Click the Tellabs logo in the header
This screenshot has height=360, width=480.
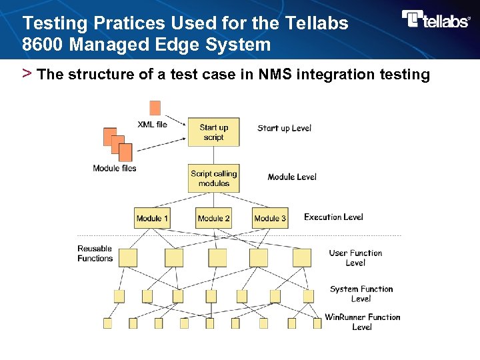click(x=436, y=19)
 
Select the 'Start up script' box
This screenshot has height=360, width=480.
click(x=213, y=133)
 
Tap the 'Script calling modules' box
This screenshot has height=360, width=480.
click(x=213, y=179)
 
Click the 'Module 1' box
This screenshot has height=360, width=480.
click(x=152, y=218)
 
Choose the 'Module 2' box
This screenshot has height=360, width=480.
click(x=213, y=218)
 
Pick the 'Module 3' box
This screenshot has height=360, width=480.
click(x=270, y=218)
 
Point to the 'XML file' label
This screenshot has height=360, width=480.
click(x=152, y=124)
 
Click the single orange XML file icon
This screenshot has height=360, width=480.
click(x=155, y=107)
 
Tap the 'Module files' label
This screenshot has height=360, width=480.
click(x=115, y=168)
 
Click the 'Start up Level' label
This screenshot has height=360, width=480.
click(x=284, y=128)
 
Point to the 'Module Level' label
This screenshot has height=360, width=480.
click(x=292, y=177)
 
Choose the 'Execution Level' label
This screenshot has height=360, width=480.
click(x=333, y=217)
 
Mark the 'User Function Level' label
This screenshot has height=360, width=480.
click(x=355, y=257)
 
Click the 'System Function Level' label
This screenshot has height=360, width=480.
click(x=361, y=293)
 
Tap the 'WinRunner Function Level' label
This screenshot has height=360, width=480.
click(x=362, y=321)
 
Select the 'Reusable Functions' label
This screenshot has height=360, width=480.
click(x=95, y=253)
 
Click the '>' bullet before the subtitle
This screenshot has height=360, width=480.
click(x=27, y=73)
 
